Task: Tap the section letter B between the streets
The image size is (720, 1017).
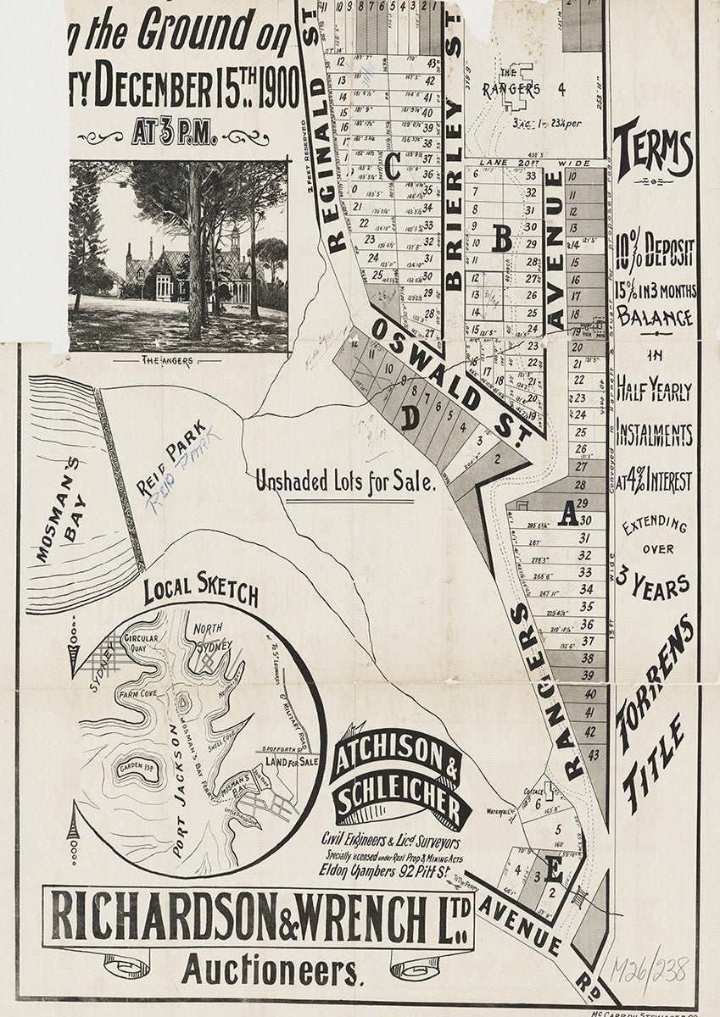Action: pos(502,239)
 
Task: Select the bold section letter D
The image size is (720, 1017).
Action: pos(410,418)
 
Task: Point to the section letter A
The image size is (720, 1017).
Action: pos(567,513)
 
